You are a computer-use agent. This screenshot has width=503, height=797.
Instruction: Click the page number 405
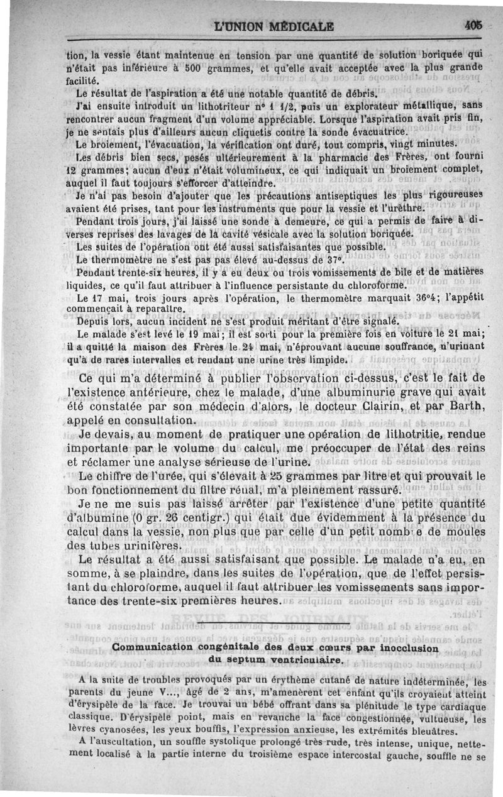pyautogui.click(x=474, y=26)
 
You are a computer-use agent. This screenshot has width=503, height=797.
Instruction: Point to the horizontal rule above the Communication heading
pyautogui.click(x=272, y=624)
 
